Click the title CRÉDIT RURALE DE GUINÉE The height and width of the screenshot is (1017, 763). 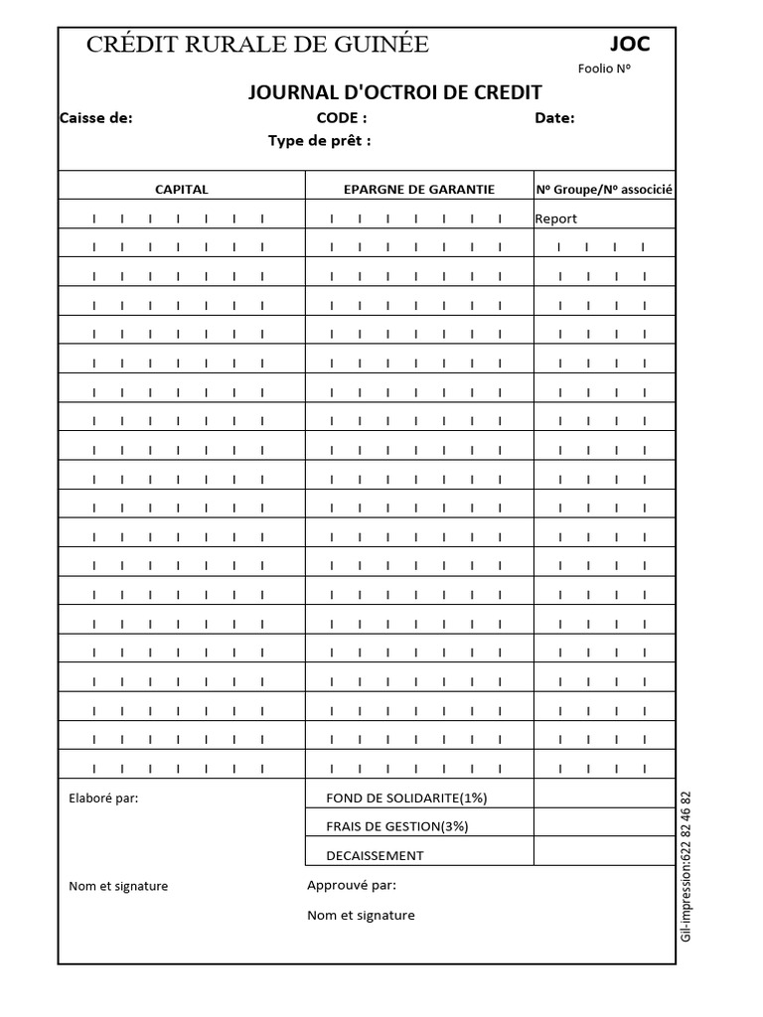(257, 44)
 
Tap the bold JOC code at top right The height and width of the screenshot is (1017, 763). (629, 44)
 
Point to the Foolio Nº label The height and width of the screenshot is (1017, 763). (604, 69)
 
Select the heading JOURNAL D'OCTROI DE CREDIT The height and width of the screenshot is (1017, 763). (394, 92)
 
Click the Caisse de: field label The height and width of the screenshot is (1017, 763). (96, 117)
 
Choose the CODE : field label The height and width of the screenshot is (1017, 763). (342, 117)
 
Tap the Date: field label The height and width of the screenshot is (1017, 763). (554, 117)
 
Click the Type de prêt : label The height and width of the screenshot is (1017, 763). (319, 140)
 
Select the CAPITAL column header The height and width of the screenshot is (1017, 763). (182, 189)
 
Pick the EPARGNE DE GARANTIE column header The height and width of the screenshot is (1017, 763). (418, 189)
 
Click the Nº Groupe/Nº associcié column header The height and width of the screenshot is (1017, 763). (604, 189)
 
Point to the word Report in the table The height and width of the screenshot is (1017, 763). (555, 218)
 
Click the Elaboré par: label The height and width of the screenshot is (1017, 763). (103, 798)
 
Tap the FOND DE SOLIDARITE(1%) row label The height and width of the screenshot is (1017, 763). (406, 798)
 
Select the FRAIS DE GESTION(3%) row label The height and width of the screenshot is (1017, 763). (396, 826)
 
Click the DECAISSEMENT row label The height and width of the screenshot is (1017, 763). (375, 855)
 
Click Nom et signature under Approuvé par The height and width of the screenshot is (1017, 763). (361, 915)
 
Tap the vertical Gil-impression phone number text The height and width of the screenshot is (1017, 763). (687, 866)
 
